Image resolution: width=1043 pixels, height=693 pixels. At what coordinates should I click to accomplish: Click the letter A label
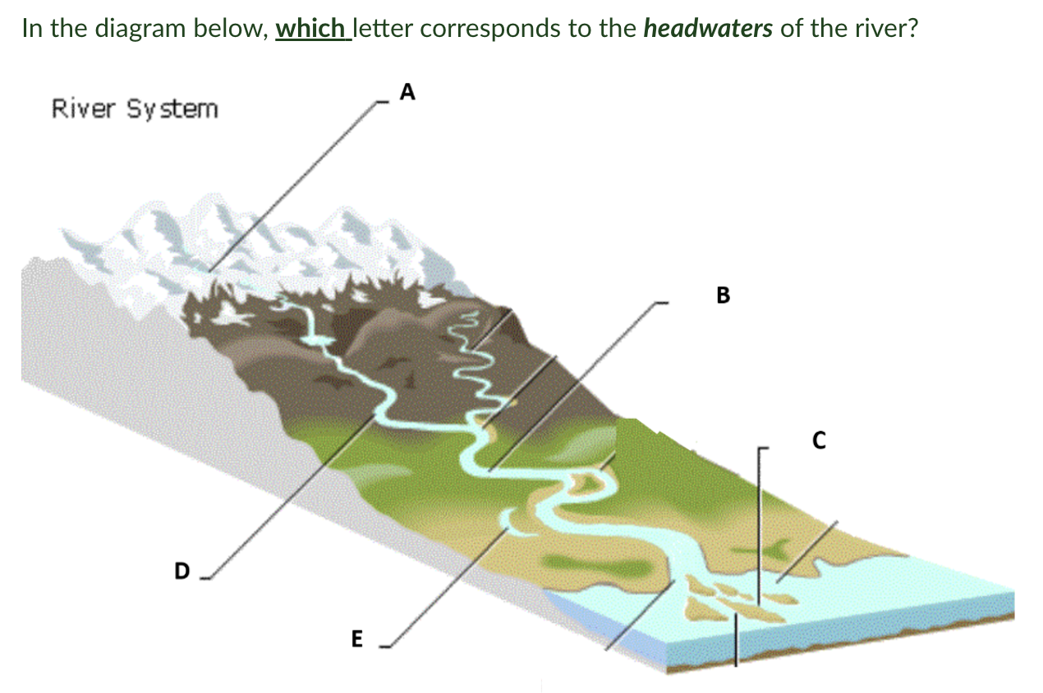[x=407, y=94]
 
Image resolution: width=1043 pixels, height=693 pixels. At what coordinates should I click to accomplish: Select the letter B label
[x=723, y=295]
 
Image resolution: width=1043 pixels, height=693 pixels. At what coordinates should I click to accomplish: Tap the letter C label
[x=817, y=441]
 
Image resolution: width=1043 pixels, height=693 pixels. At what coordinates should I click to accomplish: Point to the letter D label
[x=181, y=570]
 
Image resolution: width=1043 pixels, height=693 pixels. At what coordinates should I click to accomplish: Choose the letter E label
[x=356, y=638]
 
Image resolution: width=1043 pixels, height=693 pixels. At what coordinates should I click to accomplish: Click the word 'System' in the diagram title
[x=172, y=108]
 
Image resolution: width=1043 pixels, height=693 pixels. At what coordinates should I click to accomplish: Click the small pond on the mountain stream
[x=319, y=339]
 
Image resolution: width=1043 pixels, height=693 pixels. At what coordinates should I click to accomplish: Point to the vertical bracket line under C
[x=758, y=525]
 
